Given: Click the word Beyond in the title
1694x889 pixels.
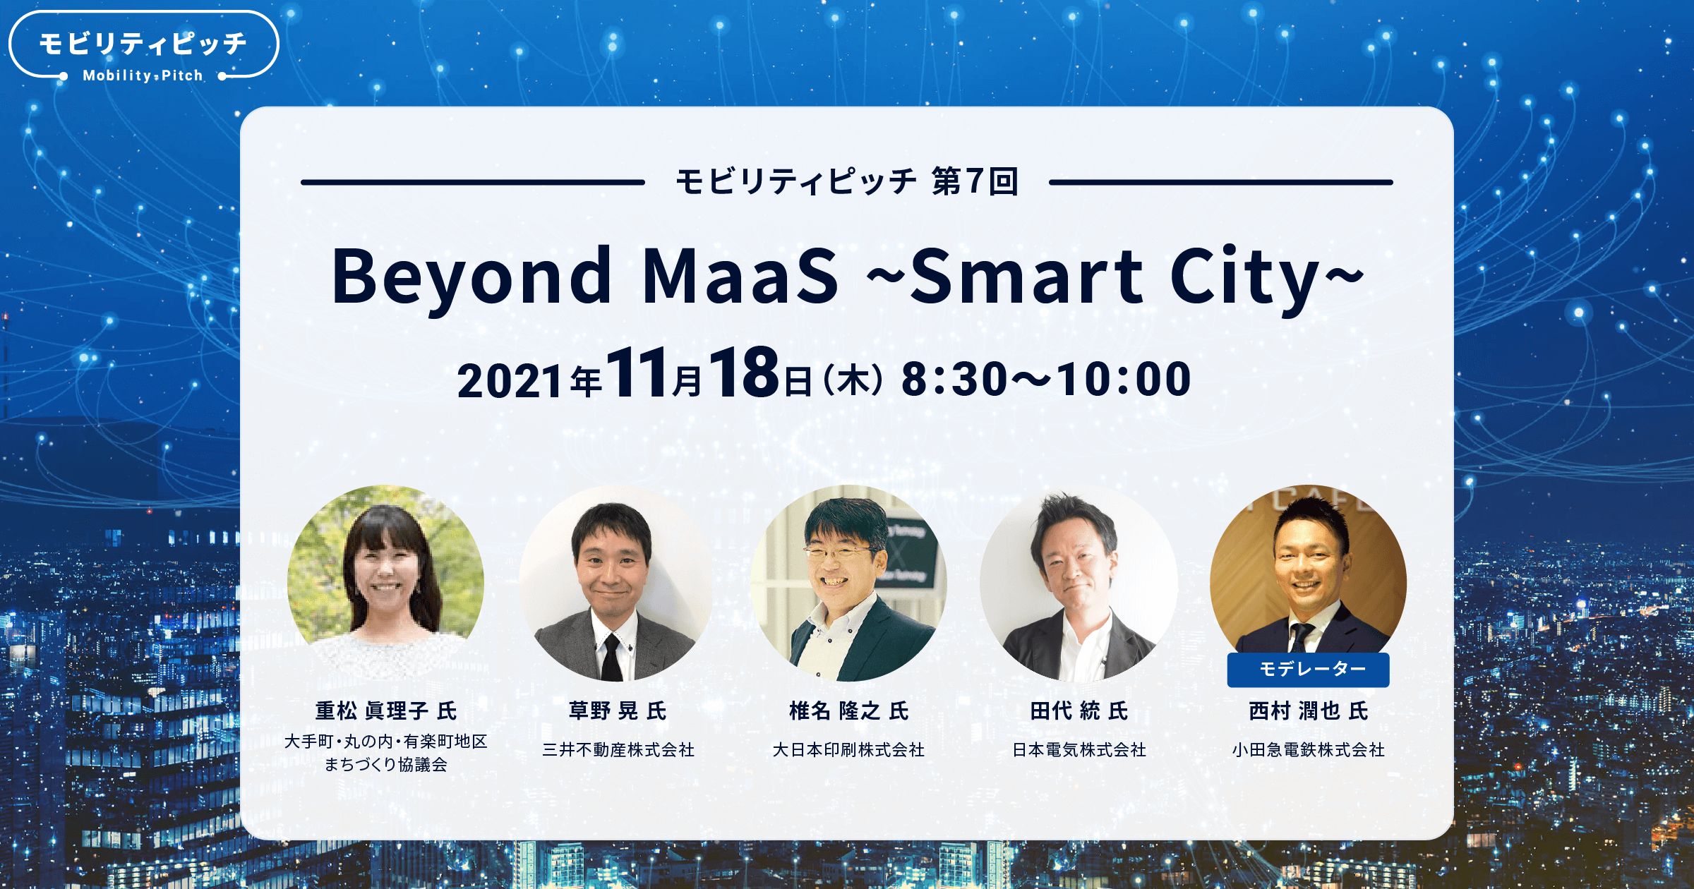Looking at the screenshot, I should click(471, 277).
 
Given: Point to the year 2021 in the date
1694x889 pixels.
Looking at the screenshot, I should click(509, 381).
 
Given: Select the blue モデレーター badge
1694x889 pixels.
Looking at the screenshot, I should click(1308, 669).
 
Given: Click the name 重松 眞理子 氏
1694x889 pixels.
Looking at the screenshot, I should click(386, 710).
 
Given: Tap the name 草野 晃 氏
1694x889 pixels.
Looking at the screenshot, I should click(618, 710).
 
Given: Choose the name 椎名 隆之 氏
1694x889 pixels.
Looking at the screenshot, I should click(848, 710).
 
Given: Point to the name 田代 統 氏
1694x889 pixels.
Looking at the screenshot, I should click(1079, 710).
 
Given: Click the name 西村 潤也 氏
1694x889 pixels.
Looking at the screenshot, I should click(1308, 710).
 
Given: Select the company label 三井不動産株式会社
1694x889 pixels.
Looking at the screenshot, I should click(618, 750).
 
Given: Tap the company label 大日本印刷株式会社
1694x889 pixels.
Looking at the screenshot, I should click(848, 750).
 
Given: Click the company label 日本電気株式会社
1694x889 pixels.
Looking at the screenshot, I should click(1079, 750).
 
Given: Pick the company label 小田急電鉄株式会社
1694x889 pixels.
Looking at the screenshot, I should click(1308, 750).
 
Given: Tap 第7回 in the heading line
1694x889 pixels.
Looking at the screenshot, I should click(975, 182).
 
